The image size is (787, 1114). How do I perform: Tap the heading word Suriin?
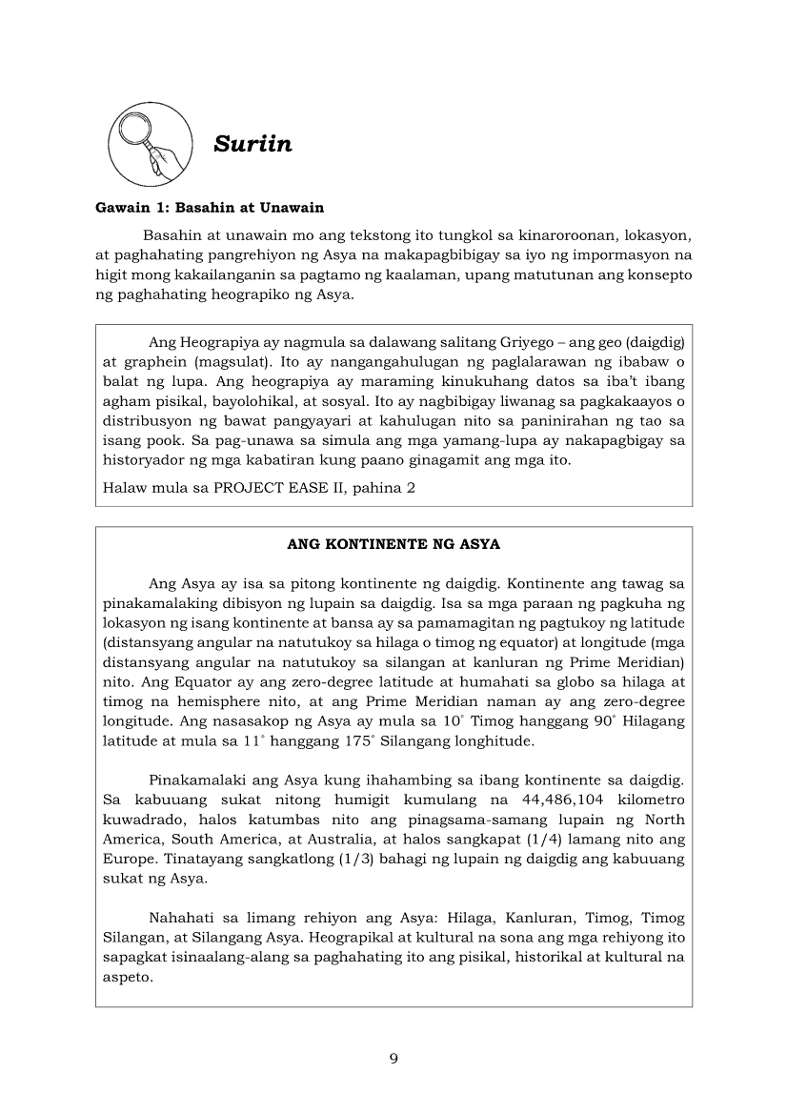point(252,144)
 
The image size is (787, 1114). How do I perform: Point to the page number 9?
point(393,1059)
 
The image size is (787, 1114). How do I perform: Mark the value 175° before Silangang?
point(326,739)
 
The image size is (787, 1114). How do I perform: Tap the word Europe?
point(130,859)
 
